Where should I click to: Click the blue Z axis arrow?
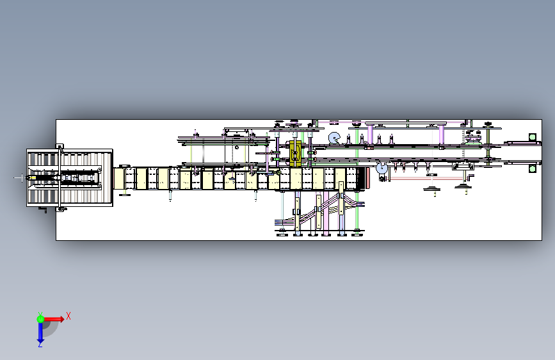coord(40,332)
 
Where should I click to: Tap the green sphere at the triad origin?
coord(40,318)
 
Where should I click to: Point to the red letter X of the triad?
coord(68,316)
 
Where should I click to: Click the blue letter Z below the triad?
coord(40,345)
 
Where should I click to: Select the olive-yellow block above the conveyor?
coord(296,153)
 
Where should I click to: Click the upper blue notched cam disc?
coord(334,138)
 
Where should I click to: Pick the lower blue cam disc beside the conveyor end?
coord(382,168)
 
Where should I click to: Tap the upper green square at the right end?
coord(531,136)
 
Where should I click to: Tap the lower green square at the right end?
coord(531,168)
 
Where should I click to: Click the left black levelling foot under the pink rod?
coord(432,188)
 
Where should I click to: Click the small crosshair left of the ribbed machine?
coord(20,177)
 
